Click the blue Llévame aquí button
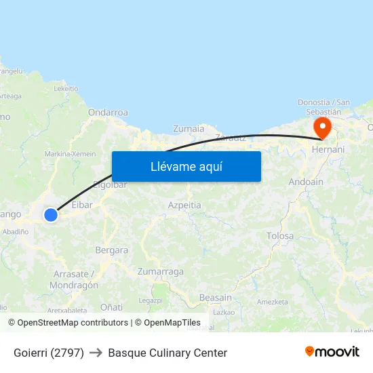[186, 166]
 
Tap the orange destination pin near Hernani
[321, 127]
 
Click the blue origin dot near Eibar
[51, 215]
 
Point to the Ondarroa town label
[108, 113]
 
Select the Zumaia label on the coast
[189, 128]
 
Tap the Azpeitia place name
[184, 204]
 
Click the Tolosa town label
[280, 236]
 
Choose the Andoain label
[306, 182]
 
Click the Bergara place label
[111, 250]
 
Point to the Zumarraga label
[160, 271]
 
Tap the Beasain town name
[216, 297]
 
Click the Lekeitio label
[66, 88]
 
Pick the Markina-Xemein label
[71, 154]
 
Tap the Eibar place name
[82, 204]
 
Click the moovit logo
[332, 352]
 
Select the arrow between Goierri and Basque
[96, 353]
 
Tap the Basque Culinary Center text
[168, 353]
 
